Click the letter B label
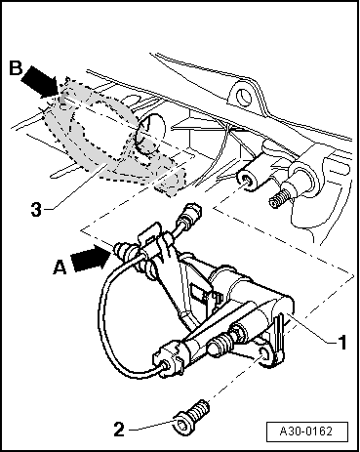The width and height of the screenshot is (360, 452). (16, 68)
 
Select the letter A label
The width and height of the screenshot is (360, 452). (60, 268)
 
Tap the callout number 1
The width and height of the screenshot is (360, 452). (341, 343)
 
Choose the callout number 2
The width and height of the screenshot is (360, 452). (119, 430)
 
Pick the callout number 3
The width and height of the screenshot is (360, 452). (36, 210)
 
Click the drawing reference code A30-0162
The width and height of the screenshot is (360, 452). (306, 431)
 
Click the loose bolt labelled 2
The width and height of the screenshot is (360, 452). (193, 418)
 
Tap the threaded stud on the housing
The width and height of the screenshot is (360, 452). (279, 198)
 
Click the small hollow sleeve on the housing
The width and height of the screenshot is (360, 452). (250, 179)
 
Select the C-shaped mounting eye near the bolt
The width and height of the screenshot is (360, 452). (264, 357)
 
